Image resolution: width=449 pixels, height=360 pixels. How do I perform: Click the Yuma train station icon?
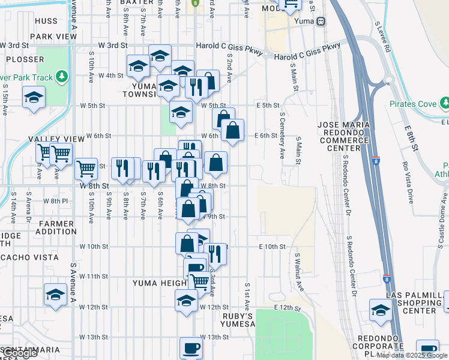(x=322, y=22)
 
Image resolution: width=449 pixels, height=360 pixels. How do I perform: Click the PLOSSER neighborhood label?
(x=25, y=59)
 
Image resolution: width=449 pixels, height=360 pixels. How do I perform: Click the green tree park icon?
(x=61, y=76)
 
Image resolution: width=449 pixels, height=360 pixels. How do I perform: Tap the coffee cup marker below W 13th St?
(x=191, y=347)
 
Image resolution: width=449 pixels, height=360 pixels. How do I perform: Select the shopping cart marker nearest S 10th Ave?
(x=86, y=169)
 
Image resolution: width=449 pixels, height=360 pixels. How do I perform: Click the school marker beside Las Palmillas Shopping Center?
(x=380, y=310)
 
